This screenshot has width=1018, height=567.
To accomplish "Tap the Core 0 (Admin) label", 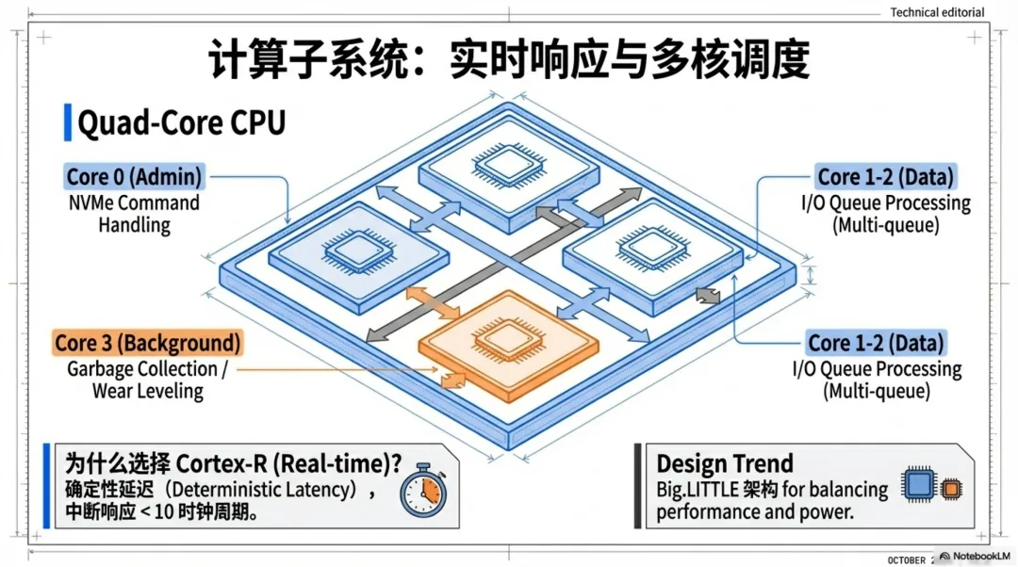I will tap(134, 176).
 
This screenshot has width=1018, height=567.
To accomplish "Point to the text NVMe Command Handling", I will tap(133, 214).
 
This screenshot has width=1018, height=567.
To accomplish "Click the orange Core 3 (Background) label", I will tap(146, 343).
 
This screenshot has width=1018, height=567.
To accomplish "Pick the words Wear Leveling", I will tap(148, 391).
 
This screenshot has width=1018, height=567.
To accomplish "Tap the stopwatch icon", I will tap(421, 491).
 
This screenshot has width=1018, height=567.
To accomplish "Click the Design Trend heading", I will tap(724, 463).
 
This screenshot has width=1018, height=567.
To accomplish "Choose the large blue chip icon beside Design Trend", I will tap(919, 484).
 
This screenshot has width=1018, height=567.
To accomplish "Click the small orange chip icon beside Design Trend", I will tap(951, 489).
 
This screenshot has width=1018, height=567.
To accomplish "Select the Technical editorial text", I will tap(937, 12).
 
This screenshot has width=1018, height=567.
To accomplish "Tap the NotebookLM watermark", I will tap(974, 557).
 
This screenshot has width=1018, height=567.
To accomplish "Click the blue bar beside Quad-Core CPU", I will tap(67, 123).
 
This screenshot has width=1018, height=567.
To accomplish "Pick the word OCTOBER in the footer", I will tap(908, 559).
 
